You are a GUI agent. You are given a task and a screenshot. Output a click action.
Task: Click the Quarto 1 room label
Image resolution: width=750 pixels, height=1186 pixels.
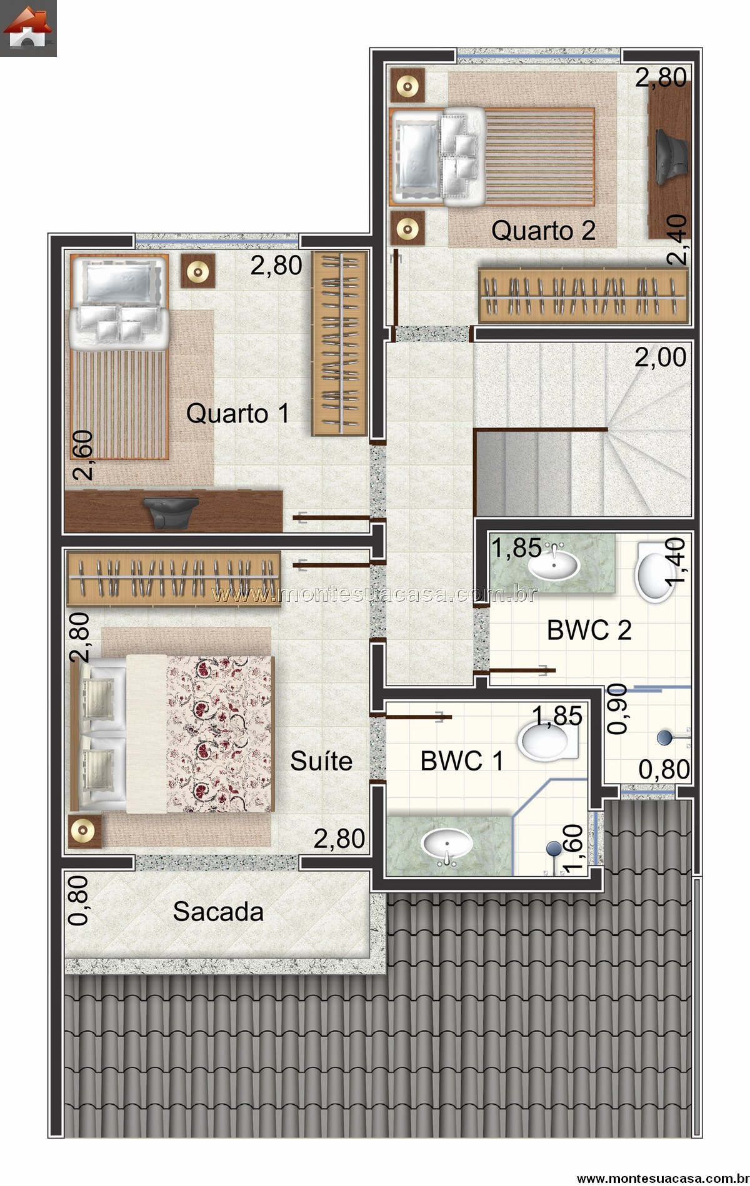(x=237, y=414)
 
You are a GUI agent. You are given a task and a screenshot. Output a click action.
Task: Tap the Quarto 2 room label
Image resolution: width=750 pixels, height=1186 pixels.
(x=543, y=231)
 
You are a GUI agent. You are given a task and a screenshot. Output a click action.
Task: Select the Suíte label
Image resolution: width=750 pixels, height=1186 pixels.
(x=321, y=760)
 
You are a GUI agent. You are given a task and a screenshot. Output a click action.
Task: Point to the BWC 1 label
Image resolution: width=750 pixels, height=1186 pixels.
(x=462, y=760)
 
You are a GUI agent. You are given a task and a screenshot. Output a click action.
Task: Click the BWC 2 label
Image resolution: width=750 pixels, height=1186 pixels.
(x=589, y=630)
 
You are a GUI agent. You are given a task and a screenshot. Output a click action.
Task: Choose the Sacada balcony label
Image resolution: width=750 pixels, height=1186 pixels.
(x=218, y=912)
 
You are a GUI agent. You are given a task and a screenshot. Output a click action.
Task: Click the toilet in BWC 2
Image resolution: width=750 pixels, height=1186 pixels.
(x=653, y=573)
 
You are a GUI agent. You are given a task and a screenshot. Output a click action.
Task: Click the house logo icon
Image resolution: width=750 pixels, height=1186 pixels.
(x=28, y=28)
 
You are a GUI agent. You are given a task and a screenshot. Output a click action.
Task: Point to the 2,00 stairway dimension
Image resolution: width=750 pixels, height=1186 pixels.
(x=661, y=357)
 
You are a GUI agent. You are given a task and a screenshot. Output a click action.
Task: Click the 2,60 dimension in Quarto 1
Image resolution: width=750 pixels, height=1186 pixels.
(x=82, y=455)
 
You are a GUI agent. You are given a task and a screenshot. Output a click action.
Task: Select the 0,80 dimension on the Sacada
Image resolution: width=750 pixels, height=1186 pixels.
(x=79, y=900)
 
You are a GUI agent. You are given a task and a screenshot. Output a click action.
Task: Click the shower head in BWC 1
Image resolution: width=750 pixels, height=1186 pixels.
(x=554, y=848)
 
